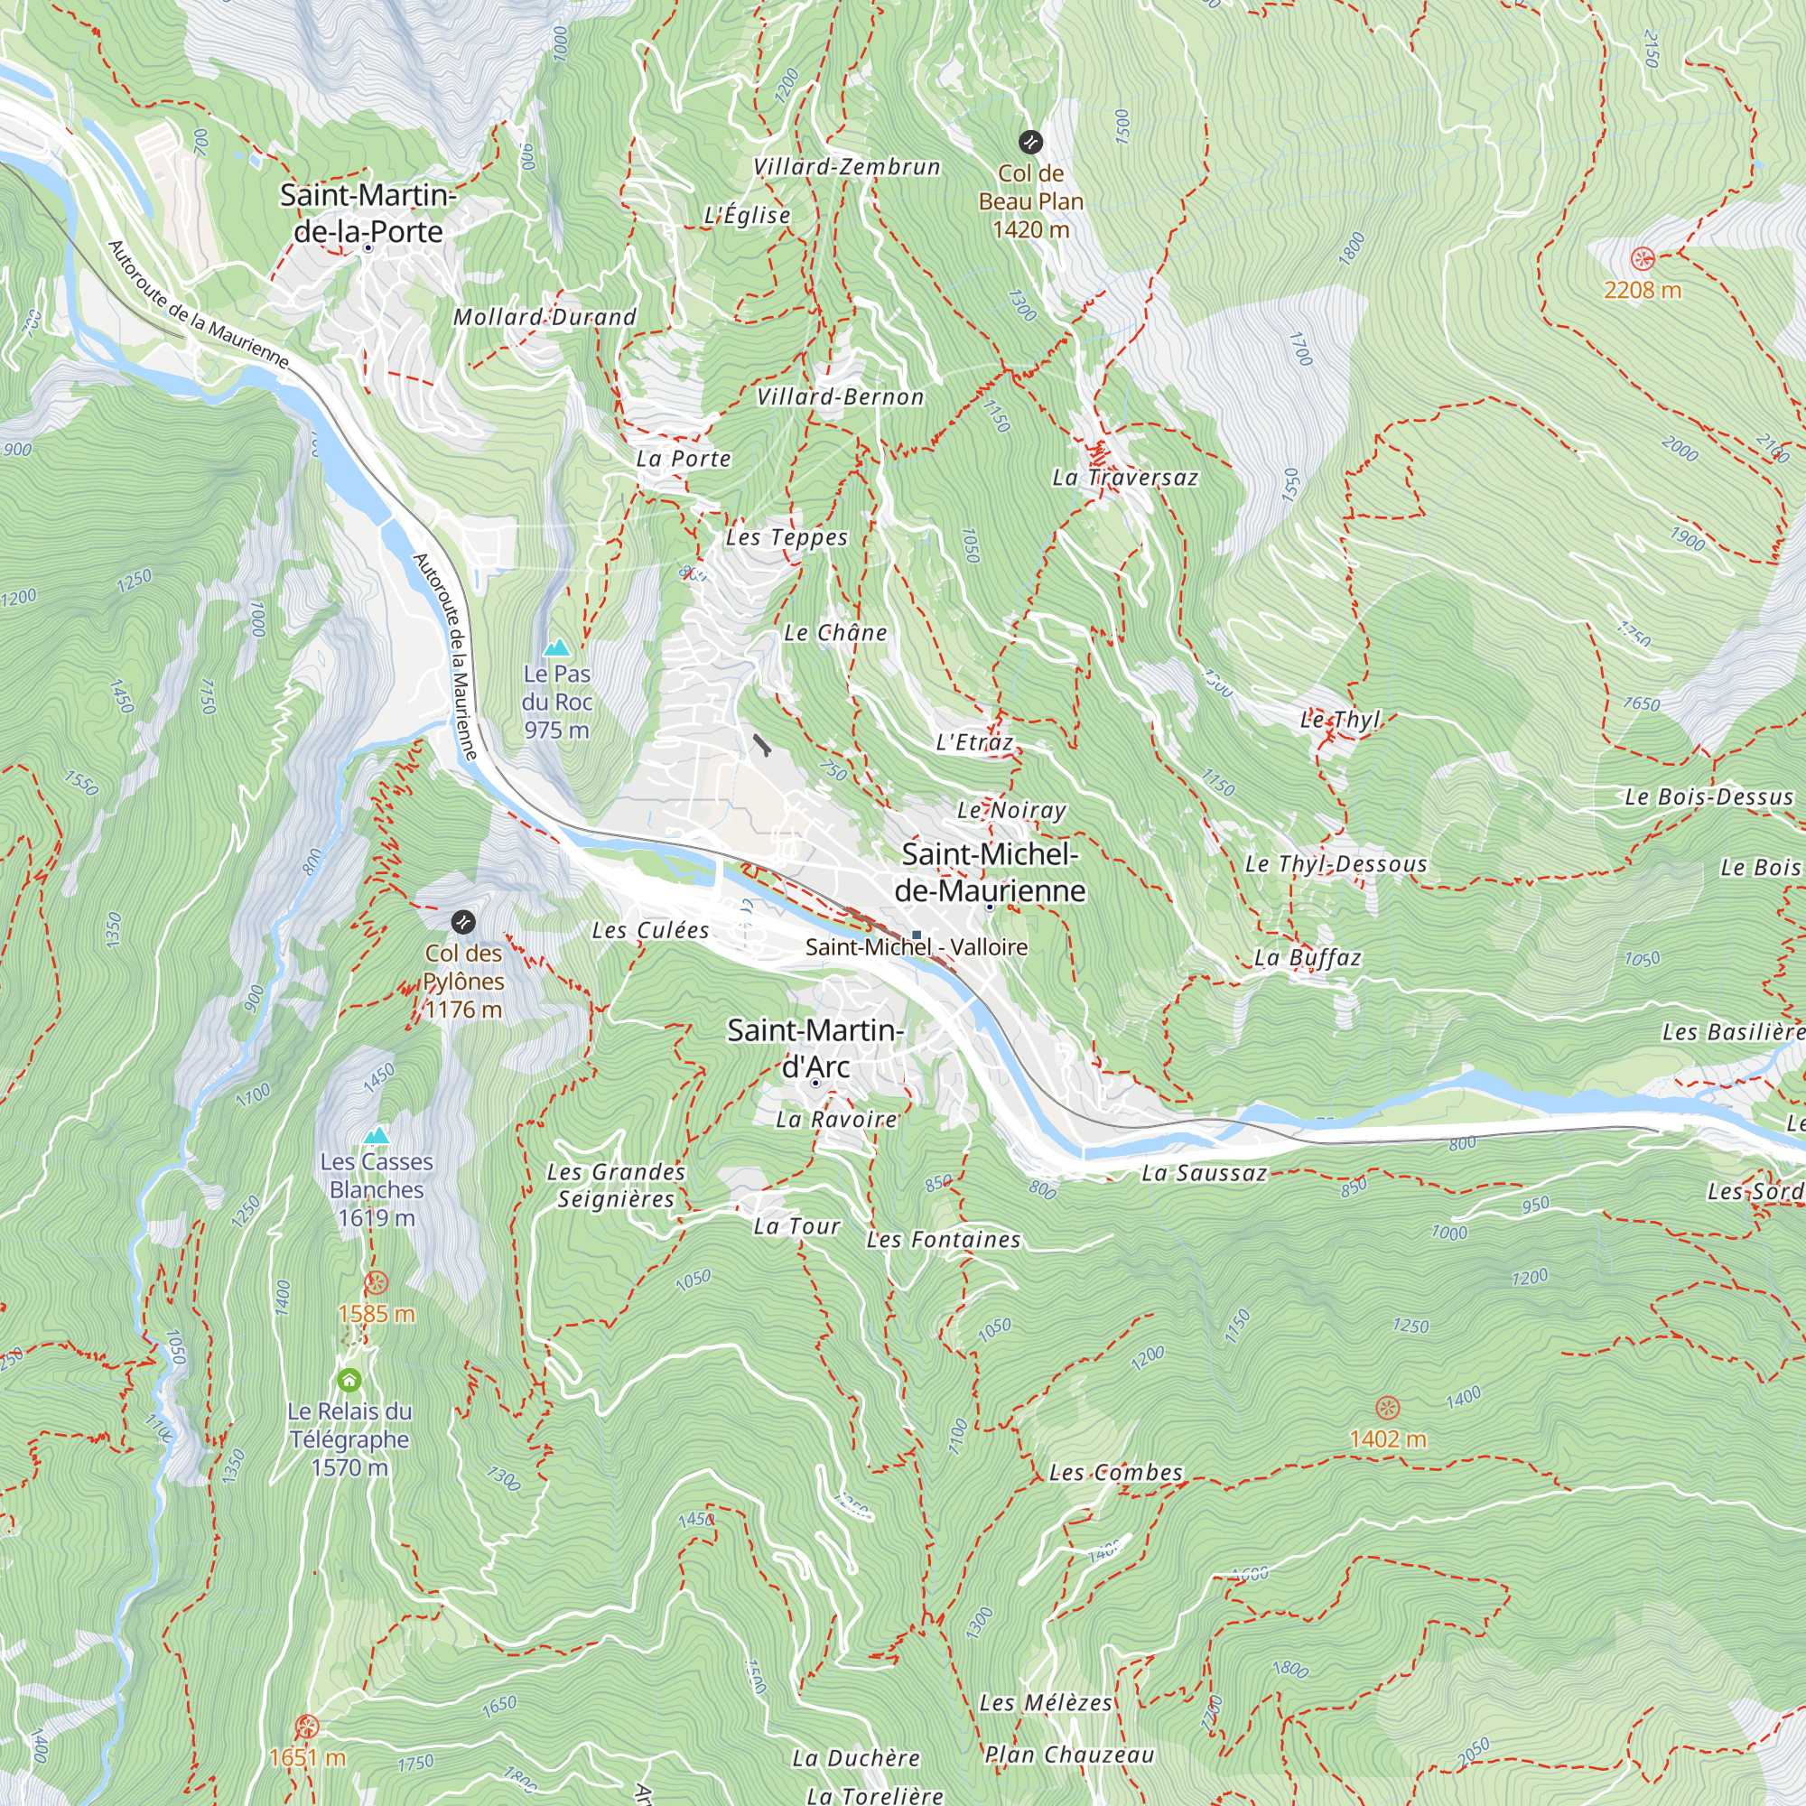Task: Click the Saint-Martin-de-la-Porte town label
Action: (x=368, y=213)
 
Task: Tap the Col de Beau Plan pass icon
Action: (x=1030, y=142)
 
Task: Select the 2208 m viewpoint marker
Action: (x=1643, y=259)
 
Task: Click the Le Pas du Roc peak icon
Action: (x=557, y=647)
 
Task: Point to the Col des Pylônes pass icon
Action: (x=462, y=923)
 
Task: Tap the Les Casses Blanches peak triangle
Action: (x=377, y=1136)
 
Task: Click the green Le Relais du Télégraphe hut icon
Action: (x=349, y=1380)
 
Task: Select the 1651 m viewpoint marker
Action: (x=307, y=1726)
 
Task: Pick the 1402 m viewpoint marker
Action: (x=1388, y=1408)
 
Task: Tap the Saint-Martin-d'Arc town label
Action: (x=815, y=1047)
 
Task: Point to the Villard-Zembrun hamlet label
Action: (x=847, y=167)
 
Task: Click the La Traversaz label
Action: (x=1125, y=478)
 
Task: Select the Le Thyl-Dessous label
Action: (x=1336, y=864)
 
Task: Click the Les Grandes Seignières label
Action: (x=616, y=1186)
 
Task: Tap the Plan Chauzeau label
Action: (x=1069, y=1755)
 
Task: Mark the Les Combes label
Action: (x=1116, y=1472)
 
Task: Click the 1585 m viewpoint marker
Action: (x=377, y=1282)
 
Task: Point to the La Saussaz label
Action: (x=1204, y=1173)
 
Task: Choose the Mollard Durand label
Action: (x=545, y=318)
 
